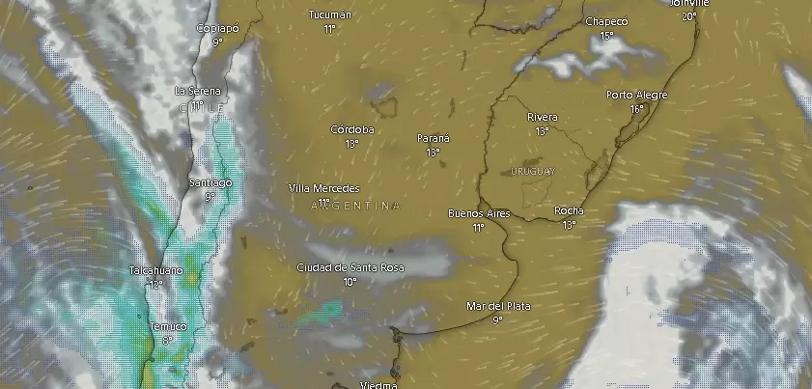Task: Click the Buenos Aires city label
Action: (x=479, y=212)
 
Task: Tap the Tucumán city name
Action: (x=329, y=14)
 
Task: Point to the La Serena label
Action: (x=198, y=90)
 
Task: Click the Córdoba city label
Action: (x=351, y=129)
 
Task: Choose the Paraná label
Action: (x=433, y=138)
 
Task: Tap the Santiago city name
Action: (x=210, y=182)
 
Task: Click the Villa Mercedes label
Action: (x=323, y=188)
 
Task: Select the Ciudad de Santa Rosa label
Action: (x=350, y=267)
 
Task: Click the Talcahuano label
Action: (x=155, y=270)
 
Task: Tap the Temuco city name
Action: (x=167, y=326)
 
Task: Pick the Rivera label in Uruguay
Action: (x=542, y=117)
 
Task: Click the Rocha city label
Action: (x=569, y=210)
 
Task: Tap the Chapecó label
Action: (x=606, y=21)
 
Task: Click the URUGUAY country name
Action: (x=530, y=171)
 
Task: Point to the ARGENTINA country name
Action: (x=355, y=206)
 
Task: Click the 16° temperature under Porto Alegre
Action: (x=636, y=109)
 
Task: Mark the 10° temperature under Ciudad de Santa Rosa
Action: (x=350, y=282)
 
